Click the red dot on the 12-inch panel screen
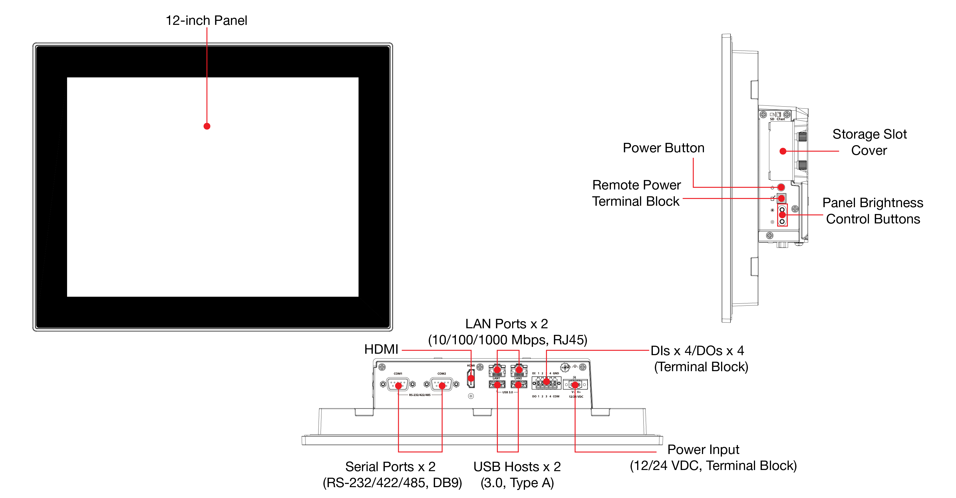point(207,126)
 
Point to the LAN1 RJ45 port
point(497,370)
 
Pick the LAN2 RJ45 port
point(519,370)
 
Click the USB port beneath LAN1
point(497,384)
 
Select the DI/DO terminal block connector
point(546,382)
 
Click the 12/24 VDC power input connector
point(575,384)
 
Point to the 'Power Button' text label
point(664,148)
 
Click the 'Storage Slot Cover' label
point(869,142)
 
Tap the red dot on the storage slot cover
point(783,151)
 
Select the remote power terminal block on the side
point(781,198)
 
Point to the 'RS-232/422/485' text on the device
point(420,395)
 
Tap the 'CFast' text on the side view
point(781,119)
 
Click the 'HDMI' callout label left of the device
point(381,349)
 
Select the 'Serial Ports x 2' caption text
point(390,467)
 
